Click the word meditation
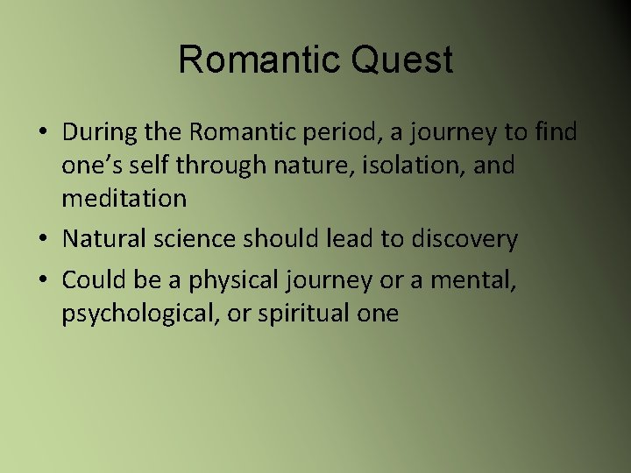point(124,198)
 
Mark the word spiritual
point(298,314)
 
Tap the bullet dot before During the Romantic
point(44,133)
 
